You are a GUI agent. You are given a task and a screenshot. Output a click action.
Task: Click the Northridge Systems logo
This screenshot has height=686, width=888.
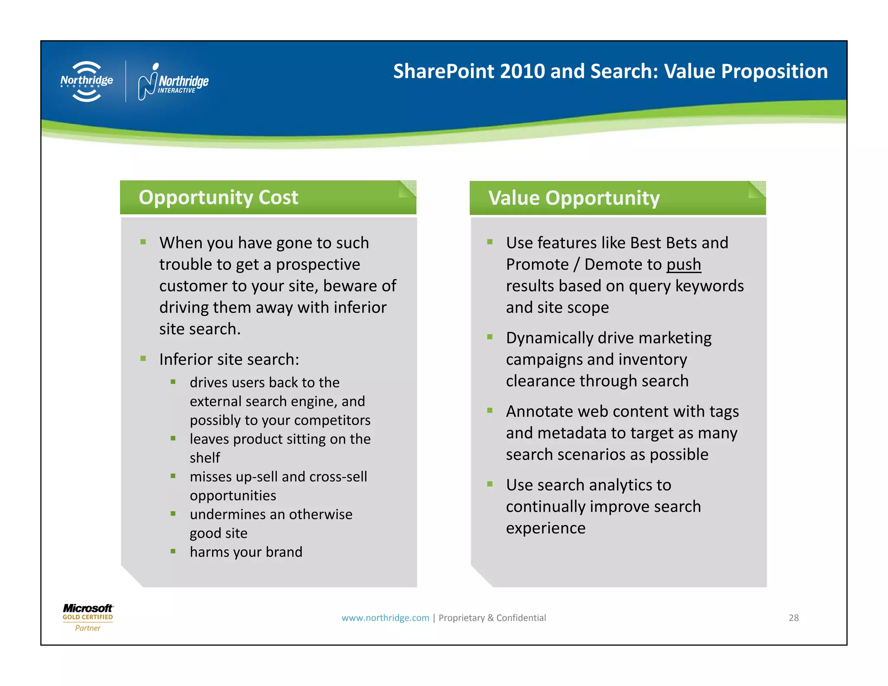point(87,81)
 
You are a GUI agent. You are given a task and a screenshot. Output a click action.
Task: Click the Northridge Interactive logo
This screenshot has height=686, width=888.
point(173,82)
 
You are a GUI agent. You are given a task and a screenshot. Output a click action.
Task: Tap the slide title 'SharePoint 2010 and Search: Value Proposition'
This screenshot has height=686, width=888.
point(610,72)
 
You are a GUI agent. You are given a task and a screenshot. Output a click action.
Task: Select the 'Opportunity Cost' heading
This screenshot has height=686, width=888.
point(219,198)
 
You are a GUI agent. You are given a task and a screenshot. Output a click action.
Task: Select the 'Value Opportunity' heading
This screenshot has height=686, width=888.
point(574,198)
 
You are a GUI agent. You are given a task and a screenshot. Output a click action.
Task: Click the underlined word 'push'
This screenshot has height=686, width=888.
point(683,265)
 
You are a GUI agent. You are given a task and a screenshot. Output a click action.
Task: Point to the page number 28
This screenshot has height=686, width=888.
point(793,617)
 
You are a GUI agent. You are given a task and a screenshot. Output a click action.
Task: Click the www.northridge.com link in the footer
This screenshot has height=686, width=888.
point(385,617)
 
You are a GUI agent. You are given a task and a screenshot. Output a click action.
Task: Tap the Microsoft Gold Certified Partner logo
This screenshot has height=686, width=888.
point(88,617)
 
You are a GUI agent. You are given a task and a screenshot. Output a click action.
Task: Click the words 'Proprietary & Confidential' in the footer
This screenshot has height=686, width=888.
point(492,617)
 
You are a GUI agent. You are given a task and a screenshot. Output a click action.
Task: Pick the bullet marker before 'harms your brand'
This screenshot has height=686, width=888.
point(173,551)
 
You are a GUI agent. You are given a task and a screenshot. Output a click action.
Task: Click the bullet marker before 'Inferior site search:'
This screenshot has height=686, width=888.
point(143,359)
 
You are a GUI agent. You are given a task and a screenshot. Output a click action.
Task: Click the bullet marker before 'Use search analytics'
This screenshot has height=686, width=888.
point(490,484)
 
